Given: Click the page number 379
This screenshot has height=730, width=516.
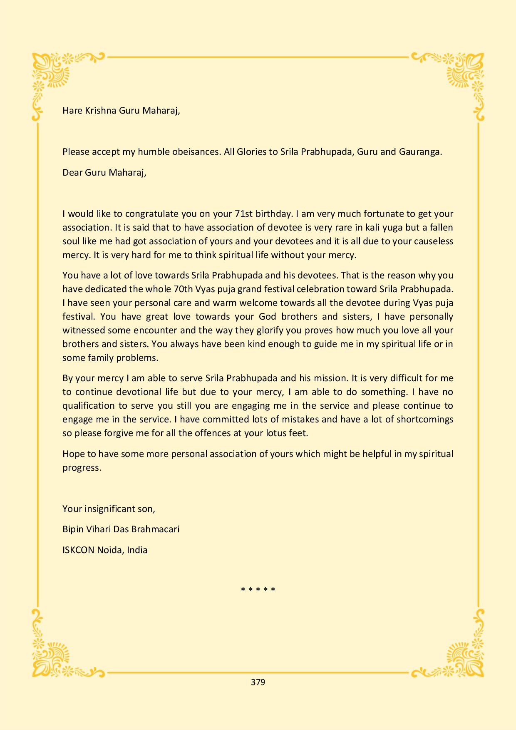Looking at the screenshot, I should pos(258,682).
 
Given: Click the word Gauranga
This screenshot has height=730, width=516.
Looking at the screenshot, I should pos(420,152).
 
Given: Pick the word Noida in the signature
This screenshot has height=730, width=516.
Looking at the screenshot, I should pos(109,550).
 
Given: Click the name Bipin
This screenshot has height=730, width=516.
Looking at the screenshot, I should pos(72,530).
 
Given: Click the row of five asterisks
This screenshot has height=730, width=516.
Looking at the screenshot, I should pos(258,590).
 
